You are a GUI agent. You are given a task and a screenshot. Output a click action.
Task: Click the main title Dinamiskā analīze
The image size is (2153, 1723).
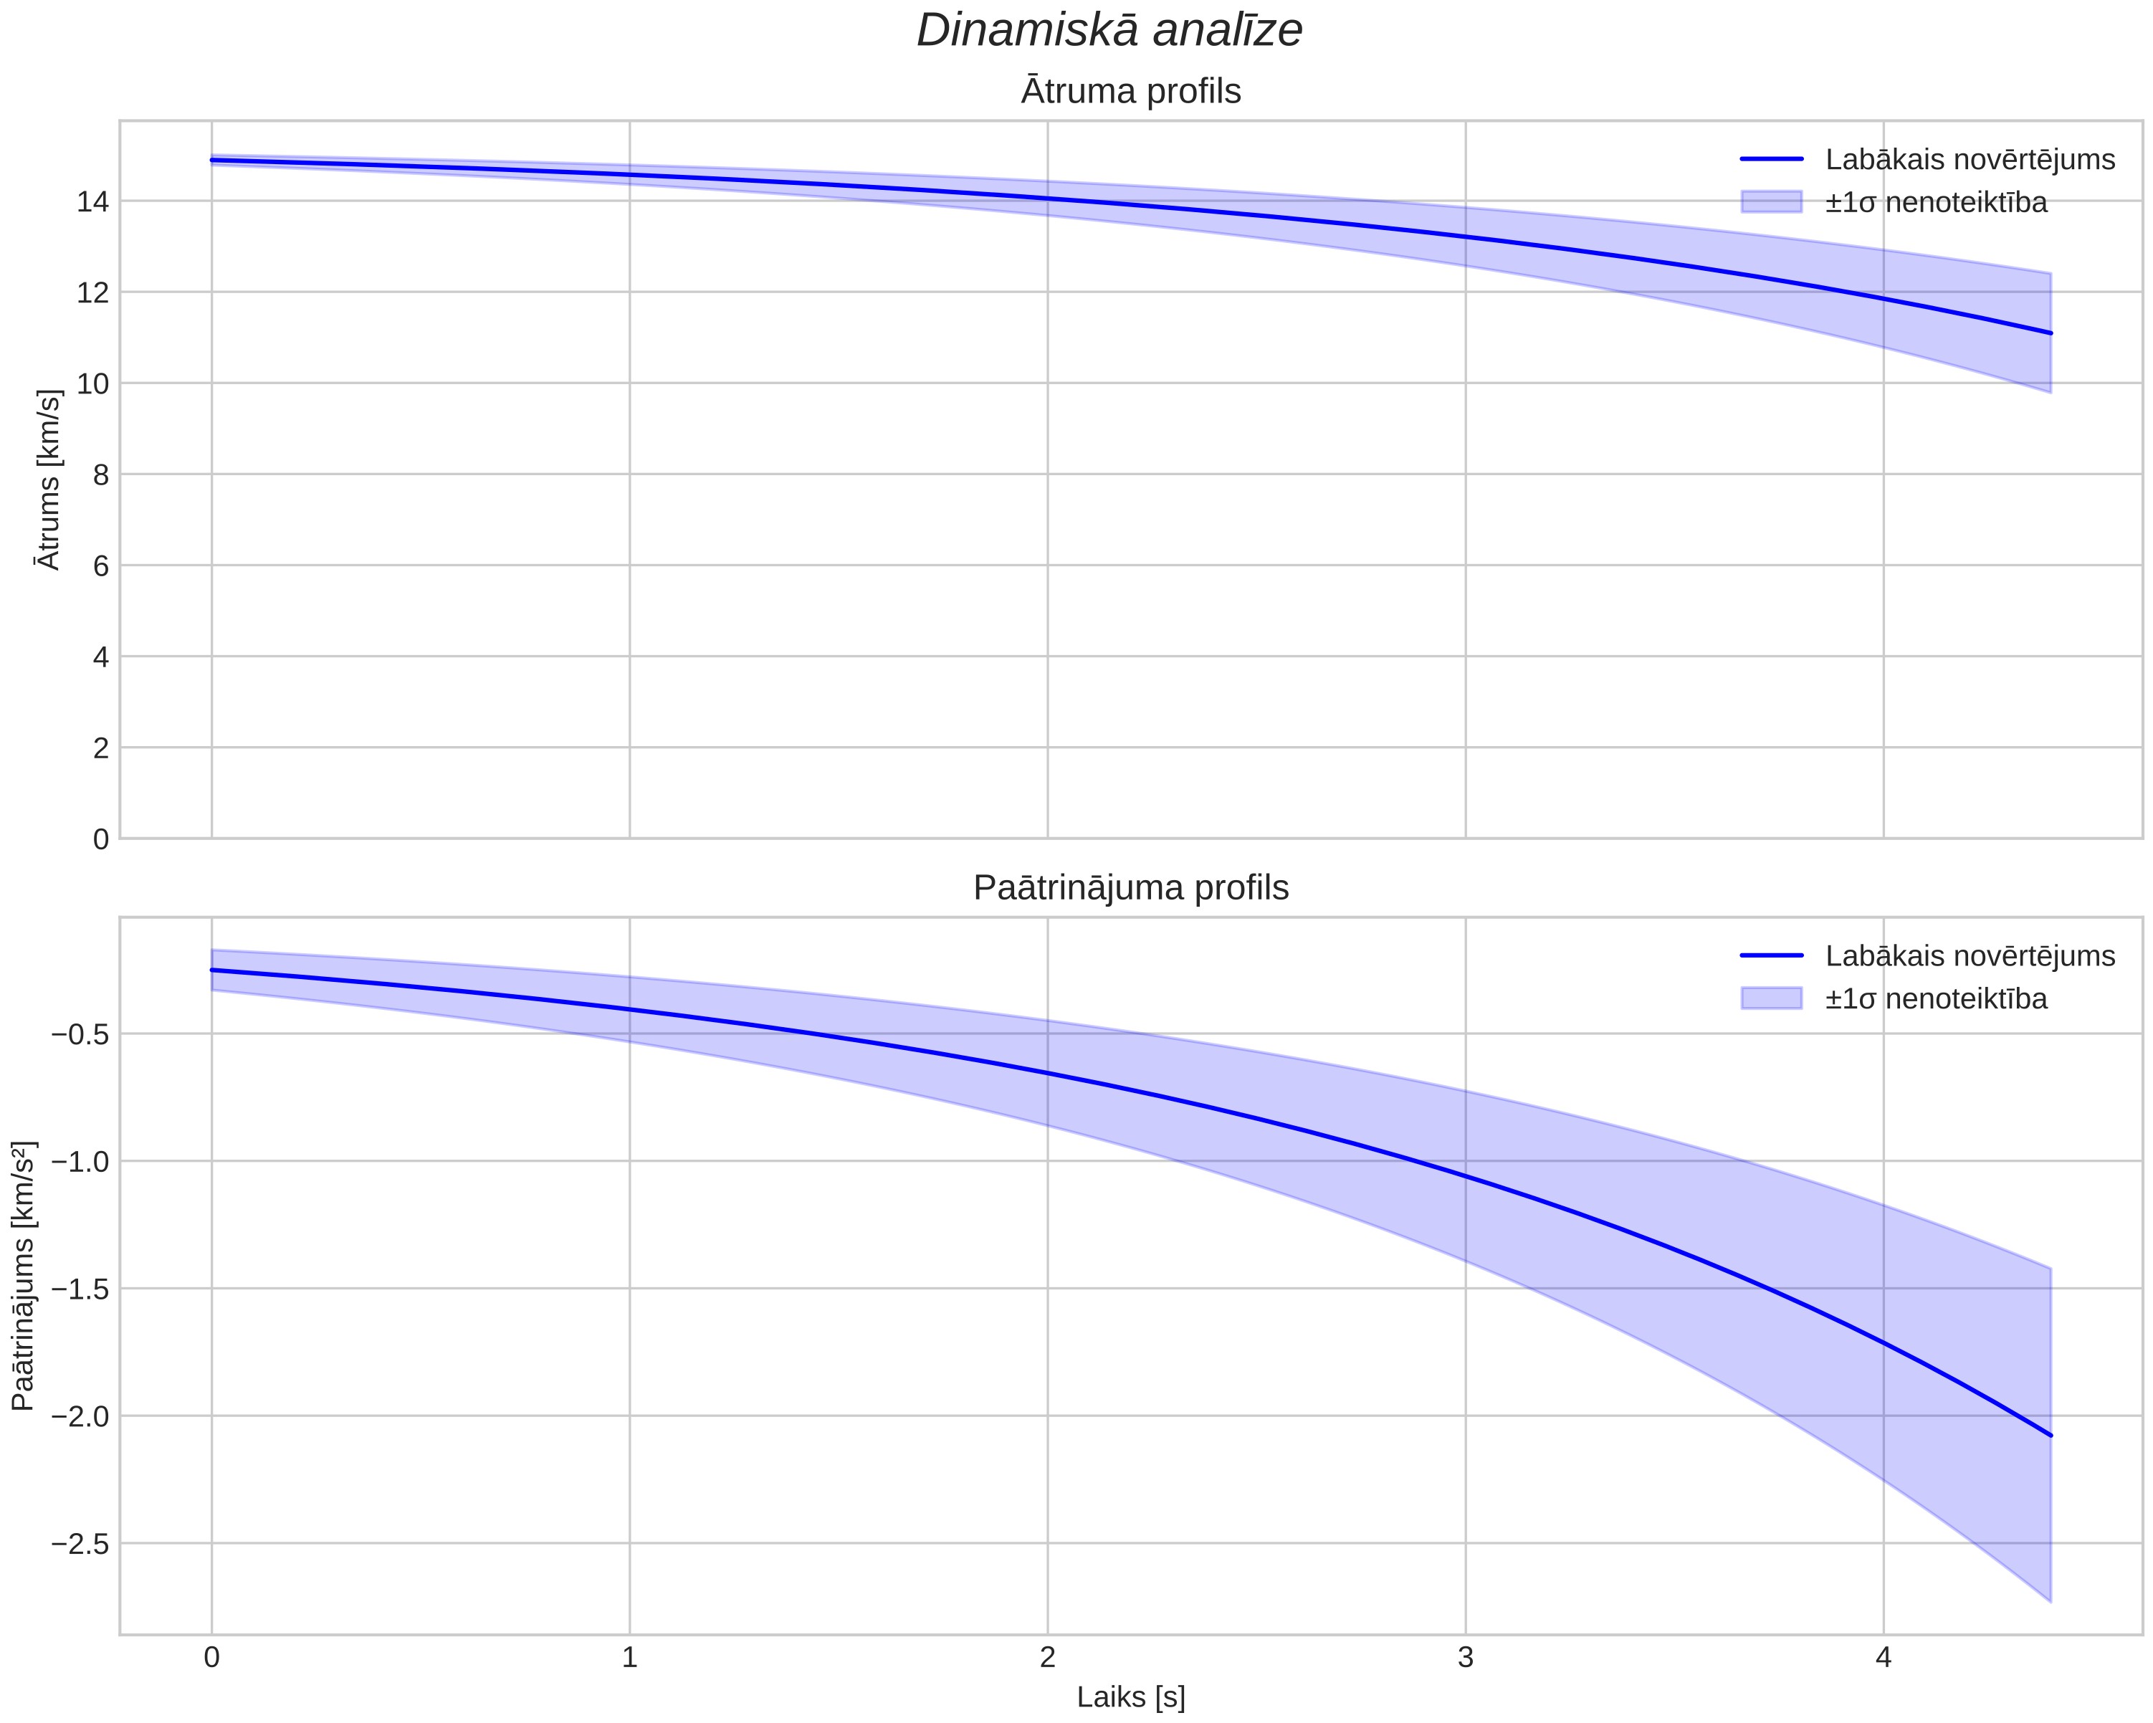(x=1109, y=30)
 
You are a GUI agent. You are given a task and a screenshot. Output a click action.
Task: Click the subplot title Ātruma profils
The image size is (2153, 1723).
(x=1130, y=91)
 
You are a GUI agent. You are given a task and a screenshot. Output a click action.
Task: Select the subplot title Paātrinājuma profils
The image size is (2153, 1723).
(x=1130, y=888)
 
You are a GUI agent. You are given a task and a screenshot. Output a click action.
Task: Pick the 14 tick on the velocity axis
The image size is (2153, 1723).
(x=93, y=202)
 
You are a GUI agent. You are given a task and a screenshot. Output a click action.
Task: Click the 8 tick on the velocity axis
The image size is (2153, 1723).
(x=101, y=474)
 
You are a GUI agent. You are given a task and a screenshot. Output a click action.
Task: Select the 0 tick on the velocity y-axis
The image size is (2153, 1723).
(x=101, y=839)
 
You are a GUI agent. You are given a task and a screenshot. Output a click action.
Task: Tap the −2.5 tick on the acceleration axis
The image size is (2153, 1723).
(x=80, y=1543)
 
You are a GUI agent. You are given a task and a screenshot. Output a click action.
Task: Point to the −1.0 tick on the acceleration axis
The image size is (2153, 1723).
(x=80, y=1160)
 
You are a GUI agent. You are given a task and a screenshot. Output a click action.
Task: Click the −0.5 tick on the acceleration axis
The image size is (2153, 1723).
(x=80, y=1034)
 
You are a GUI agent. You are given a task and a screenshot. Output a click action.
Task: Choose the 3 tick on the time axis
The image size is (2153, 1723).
(x=1465, y=1658)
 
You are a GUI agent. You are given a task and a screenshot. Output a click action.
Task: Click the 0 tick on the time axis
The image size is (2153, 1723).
(x=211, y=1658)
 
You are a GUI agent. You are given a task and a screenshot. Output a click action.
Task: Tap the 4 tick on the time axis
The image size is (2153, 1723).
(x=1884, y=1658)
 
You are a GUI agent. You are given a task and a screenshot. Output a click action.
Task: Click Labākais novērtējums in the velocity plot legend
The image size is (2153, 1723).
(x=1970, y=160)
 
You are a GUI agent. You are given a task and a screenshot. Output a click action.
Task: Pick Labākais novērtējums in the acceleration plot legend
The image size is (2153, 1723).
(x=1970, y=956)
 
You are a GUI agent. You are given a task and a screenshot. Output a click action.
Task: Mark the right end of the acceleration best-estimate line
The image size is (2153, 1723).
(x=2050, y=1436)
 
